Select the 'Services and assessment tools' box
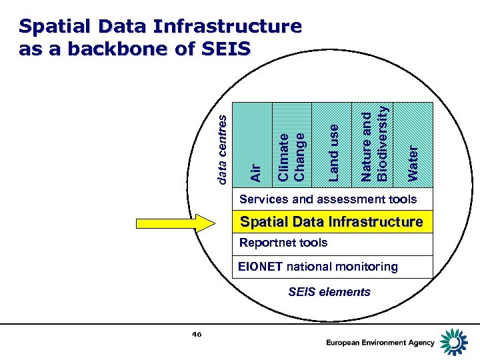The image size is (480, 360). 327,199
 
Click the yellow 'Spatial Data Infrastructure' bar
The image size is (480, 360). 331,222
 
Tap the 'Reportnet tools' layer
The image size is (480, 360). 283,243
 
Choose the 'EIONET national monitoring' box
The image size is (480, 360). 318,267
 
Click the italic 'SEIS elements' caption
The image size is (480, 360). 329,291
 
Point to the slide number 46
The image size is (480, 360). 196,334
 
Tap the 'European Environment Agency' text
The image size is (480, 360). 380,343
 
